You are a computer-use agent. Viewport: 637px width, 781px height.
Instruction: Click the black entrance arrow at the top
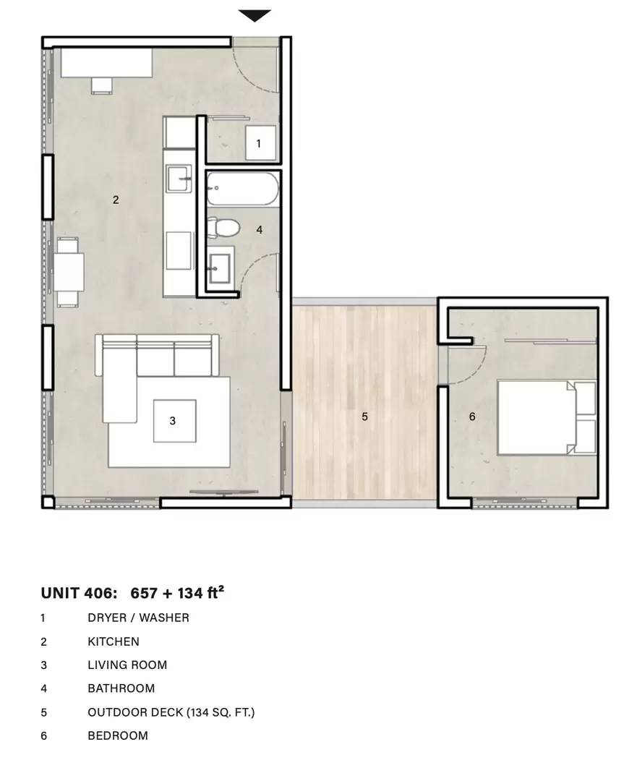click(x=255, y=15)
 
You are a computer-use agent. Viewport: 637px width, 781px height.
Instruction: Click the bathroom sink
click(x=219, y=268)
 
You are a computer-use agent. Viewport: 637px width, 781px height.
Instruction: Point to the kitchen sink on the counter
click(x=179, y=179)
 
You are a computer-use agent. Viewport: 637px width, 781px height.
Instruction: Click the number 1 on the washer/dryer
click(x=258, y=143)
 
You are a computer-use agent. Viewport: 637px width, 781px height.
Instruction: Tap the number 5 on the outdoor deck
click(x=364, y=417)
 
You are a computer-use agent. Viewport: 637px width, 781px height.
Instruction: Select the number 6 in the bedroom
click(x=472, y=417)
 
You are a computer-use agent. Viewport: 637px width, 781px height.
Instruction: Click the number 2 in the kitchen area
click(x=116, y=200)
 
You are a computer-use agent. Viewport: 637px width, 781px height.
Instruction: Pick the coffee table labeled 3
click(x=174, y=421)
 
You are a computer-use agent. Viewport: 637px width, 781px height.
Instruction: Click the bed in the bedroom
click(x=547, y=417)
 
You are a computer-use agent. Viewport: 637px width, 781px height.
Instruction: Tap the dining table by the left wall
click(x=69, y=273)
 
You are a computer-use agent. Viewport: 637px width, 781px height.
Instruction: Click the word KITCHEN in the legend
click(x=114, y=641)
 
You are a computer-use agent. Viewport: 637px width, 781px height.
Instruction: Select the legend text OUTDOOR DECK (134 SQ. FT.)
click(x=171, y=712)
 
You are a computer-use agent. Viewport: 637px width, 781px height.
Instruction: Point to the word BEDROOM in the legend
click(x=118, y=735)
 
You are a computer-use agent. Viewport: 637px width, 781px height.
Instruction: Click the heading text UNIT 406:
click(x=80, y=593)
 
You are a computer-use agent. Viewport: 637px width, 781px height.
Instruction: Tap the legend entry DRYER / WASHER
click(x=138, y=618)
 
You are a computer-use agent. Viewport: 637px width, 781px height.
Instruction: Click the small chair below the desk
click(x=102, y=85)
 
